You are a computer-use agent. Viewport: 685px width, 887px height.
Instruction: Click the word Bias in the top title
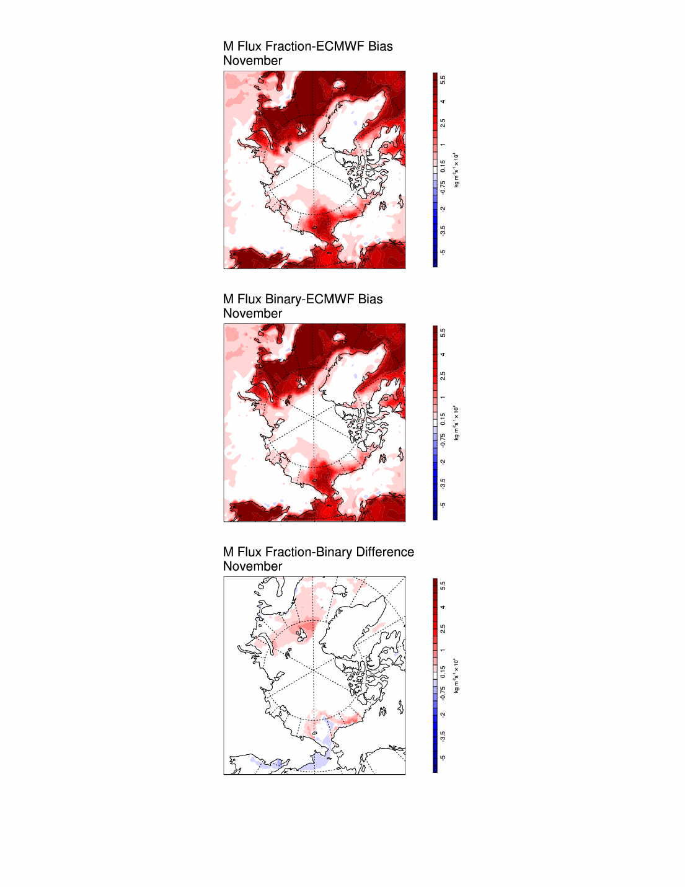click(x=380, y=47)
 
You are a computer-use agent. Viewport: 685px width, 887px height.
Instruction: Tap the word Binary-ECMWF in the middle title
click(x=309, y=299)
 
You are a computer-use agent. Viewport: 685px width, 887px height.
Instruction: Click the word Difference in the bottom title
click(x=385, y=552)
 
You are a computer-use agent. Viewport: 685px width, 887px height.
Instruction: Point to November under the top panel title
click(x=252, y=61)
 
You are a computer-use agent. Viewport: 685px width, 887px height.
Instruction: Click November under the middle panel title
click(x=252, y=314)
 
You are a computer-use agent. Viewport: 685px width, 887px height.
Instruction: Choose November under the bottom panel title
click(x=252, y=566)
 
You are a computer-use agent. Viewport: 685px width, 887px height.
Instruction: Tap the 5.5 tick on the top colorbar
click(x=443, y=79)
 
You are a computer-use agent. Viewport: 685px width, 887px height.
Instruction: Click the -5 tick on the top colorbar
click(x=443, y=252)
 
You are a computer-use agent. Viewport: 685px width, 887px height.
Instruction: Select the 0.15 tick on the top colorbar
click(x=443, y=166)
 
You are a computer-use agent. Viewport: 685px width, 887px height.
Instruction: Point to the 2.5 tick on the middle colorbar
click(x=443, y=376)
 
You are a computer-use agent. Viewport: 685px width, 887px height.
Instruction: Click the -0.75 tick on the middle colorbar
click(x=443, y=440)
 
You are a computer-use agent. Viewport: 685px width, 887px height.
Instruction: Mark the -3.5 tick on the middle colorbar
click(x=443, y=483)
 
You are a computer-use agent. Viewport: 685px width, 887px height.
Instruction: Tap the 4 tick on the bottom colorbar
click(x=443, y=607)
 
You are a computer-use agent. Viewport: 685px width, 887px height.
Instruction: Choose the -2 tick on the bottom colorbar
click(x=443, y=715)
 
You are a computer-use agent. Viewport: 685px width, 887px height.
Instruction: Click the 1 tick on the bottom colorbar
click(x=443, y=650)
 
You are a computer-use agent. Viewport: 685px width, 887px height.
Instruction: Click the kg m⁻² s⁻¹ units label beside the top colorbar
click(x=456, y=170)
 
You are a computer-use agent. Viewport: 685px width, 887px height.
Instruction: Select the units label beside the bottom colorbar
click(x=456, y=675)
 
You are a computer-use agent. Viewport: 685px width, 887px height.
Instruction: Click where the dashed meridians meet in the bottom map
click(x=314, y=671)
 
